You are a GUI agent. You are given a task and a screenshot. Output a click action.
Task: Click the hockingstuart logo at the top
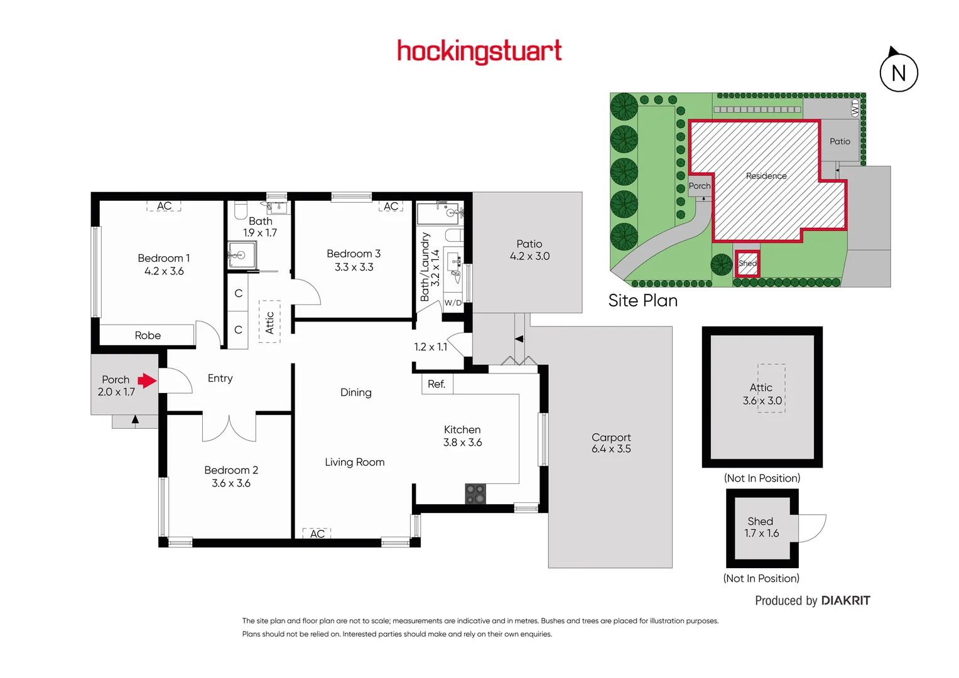click(479, 51)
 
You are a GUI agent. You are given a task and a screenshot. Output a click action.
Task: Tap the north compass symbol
click(898, 72)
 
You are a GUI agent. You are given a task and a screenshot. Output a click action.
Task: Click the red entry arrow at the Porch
click(147, 380)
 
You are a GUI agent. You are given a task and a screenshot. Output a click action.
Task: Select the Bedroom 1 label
click(163, 258)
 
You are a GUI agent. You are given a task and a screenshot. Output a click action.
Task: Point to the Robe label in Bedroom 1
click(148, 335)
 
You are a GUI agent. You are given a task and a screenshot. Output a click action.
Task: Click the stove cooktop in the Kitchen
click(475, 493)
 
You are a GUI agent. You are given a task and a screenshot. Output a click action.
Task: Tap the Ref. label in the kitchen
click(436, 384)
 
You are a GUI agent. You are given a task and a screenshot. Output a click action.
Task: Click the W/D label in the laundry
click(453, 303)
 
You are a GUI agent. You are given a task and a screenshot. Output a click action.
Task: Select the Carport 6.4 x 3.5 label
click(611, 443)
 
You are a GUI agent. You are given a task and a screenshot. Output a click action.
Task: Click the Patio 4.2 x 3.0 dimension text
click(529, 256)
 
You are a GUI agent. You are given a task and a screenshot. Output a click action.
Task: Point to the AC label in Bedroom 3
click(391, 206)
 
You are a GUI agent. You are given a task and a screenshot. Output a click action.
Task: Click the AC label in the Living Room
click(317, 534)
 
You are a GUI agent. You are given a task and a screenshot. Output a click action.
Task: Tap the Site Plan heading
click(642, 300)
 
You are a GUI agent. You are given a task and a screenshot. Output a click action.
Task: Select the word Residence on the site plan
click(766, 176)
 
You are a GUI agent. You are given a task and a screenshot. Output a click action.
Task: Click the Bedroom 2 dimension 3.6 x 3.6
click(230, 483)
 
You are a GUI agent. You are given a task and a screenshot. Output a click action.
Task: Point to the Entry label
click(220, 378)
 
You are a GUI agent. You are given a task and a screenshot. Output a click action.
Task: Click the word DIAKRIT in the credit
click(845, 601)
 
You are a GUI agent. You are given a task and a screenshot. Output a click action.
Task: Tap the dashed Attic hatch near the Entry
click(269, 322)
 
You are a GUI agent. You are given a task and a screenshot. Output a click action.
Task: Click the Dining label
click(355, 392)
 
